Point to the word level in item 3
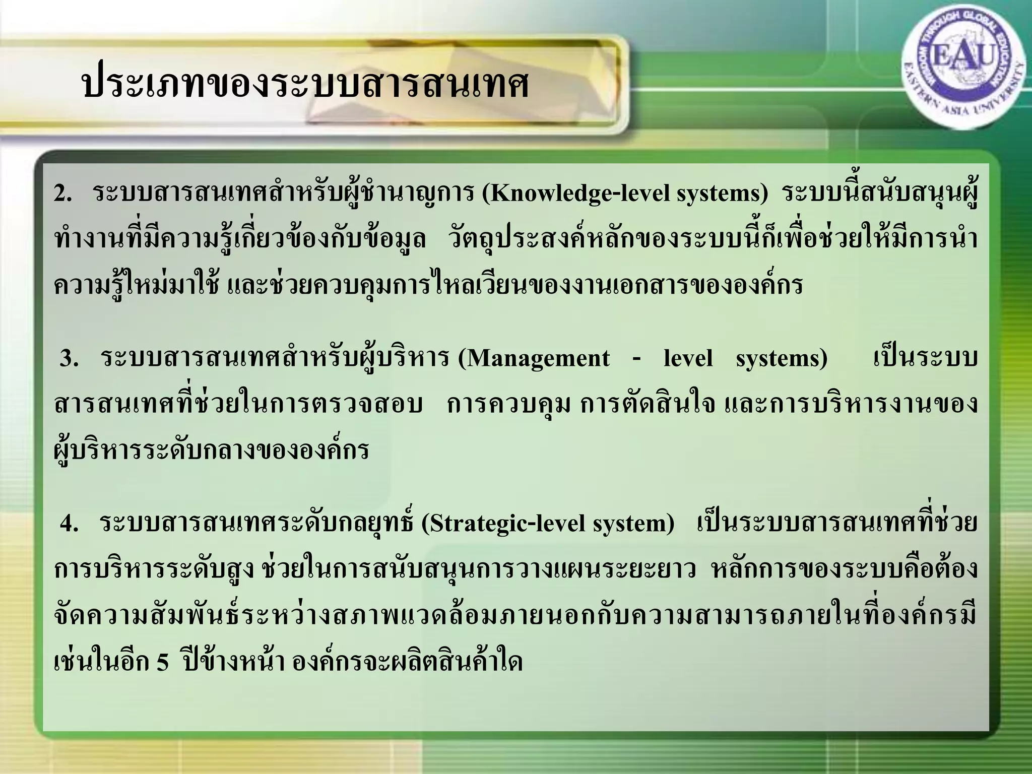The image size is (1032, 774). (688, 359)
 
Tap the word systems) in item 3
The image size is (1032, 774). (782, 359)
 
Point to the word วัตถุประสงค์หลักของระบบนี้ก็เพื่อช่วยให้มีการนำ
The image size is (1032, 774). (714, 239)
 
